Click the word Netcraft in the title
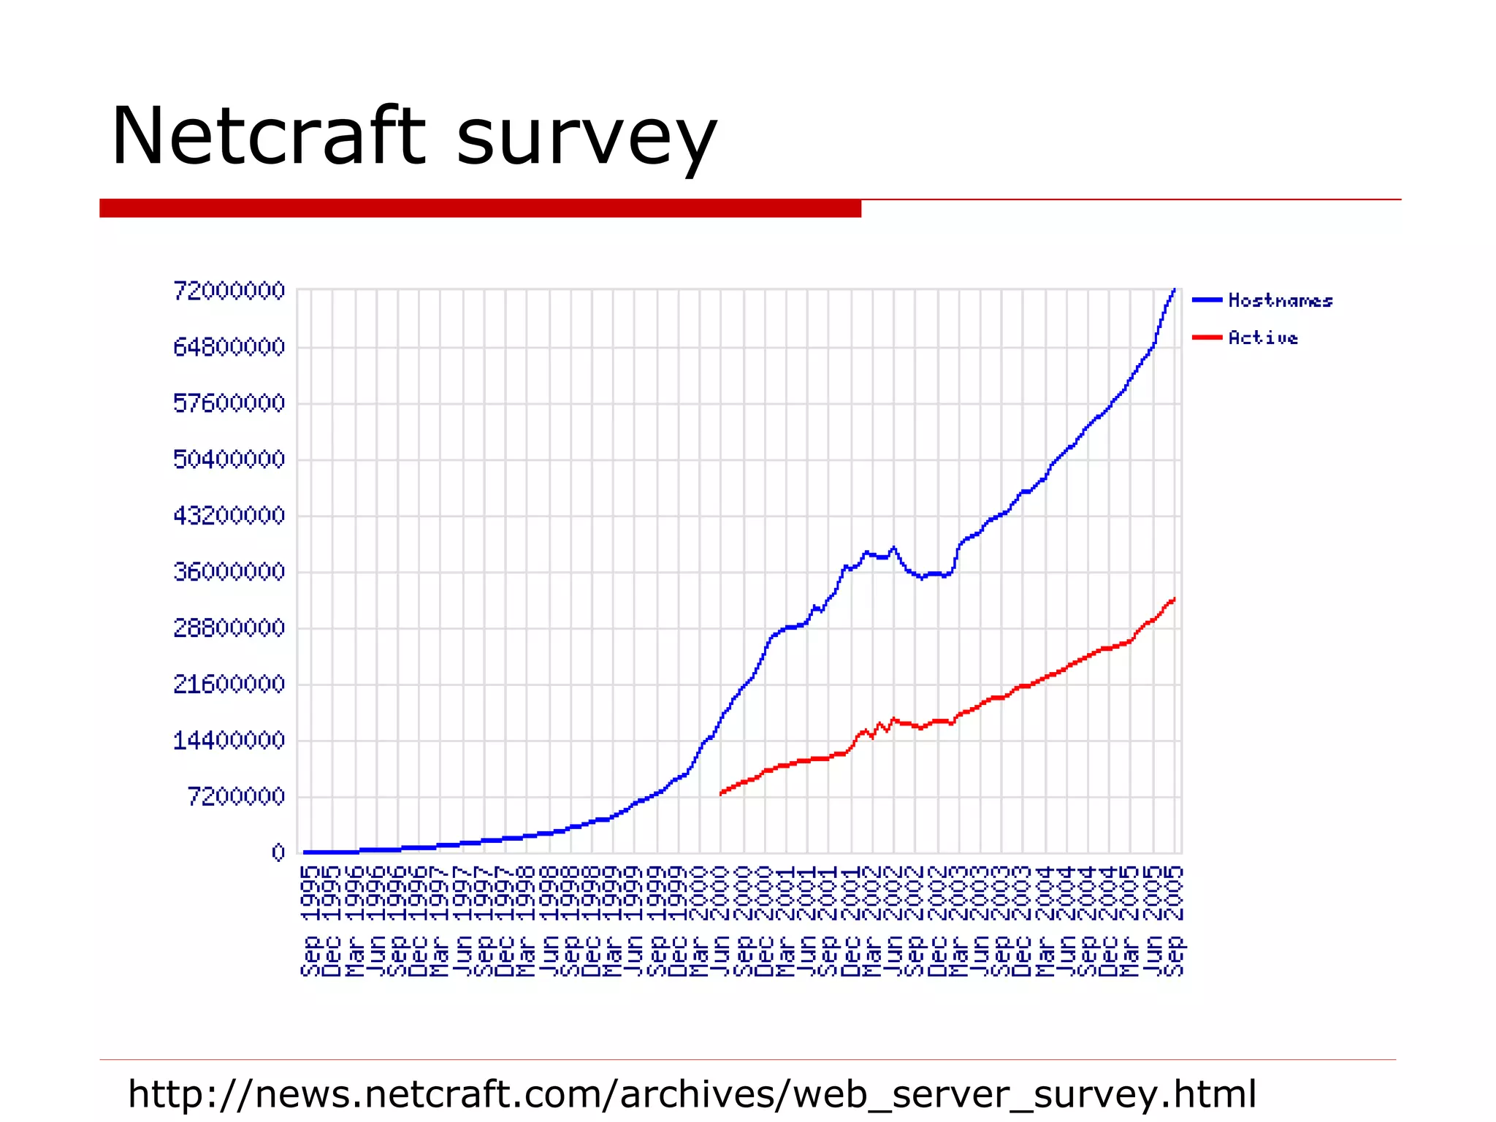267,137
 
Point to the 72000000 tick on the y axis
229,291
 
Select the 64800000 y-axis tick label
229,347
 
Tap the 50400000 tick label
229,459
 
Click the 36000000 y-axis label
229,572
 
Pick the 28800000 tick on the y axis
229,628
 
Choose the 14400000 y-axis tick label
229,741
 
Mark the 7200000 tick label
236,797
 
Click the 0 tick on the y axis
278,852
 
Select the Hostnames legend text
1280,300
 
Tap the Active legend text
1263,337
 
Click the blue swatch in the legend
1207,299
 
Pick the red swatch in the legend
1207,337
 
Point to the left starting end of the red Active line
721,793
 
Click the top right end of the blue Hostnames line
1174,290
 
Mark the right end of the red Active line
1174,600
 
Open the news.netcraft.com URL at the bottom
692,1094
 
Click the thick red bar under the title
480,208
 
